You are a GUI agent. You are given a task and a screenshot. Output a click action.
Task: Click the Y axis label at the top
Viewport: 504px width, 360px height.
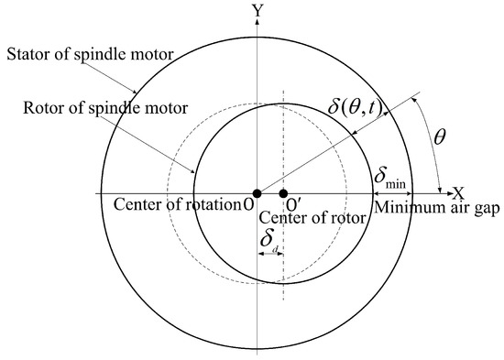tap(261, 10)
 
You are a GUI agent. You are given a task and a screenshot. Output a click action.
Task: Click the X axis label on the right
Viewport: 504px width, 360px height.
tap(459, 193)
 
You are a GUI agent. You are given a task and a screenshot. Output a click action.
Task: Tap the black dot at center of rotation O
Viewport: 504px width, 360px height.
tap(257, 193)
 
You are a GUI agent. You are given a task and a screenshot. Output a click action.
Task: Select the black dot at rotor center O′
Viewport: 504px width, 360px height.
tap(283, 193)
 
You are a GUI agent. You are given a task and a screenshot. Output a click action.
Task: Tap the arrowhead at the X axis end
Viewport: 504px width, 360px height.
tap(446, 193)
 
